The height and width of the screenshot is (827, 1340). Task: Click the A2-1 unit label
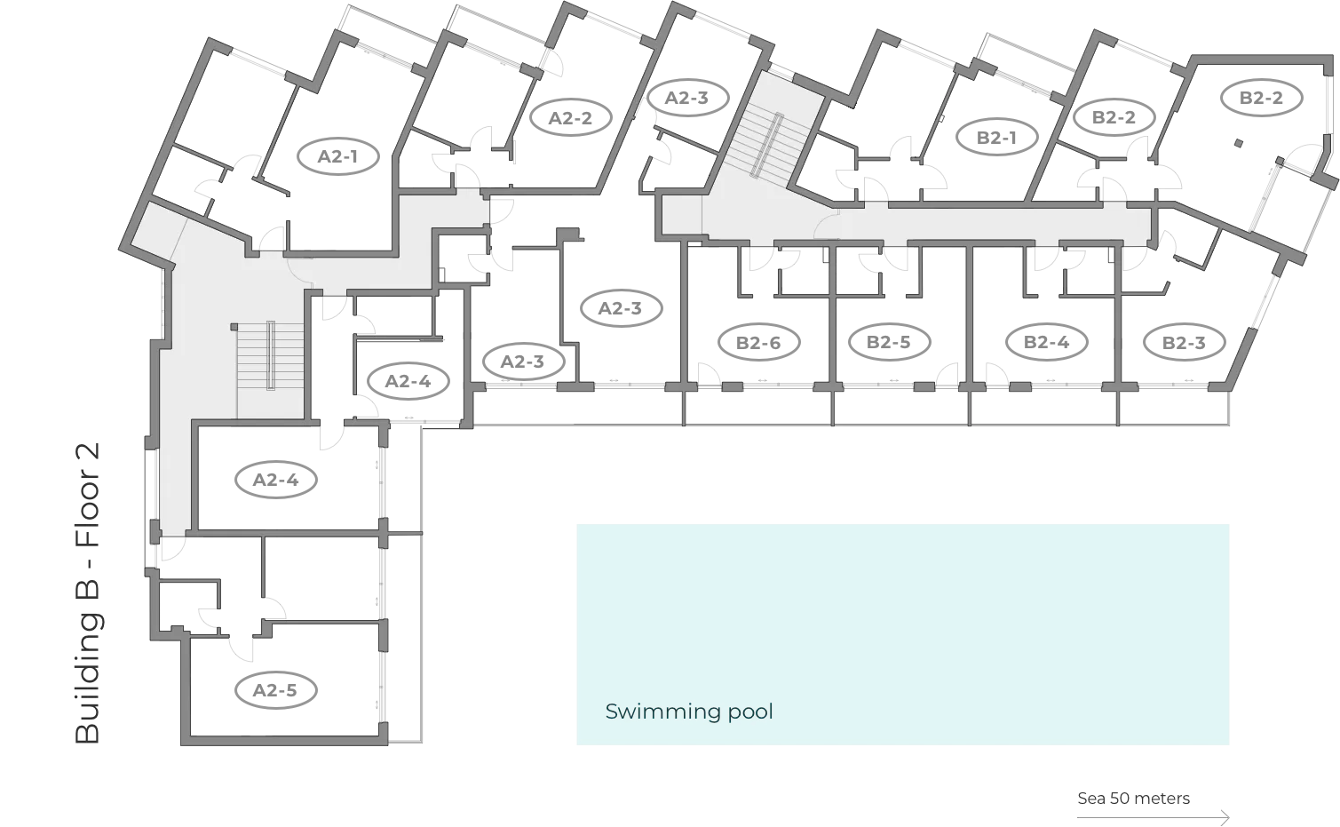coord(337,156)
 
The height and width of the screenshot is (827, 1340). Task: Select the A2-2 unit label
coord(569,117)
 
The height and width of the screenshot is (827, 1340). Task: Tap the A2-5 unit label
coord(274,690)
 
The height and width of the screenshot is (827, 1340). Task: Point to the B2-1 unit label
coord(996,137)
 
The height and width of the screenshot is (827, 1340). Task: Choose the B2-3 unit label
coord(1183,342)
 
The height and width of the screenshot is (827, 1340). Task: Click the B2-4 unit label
coord(1046,342)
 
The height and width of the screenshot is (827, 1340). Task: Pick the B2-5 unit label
coord(889,342)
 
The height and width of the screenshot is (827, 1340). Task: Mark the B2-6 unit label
coord(757,342)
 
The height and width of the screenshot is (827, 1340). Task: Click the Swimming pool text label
coord(688,712)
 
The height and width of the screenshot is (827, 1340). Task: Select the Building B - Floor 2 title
coord(88,593)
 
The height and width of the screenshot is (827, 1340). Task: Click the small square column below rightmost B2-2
coord(1237,142)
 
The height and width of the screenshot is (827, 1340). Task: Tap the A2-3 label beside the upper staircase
coord(686,98)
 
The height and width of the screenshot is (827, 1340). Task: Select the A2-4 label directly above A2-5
coord(275,480)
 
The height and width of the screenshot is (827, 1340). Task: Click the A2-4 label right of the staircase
coord(408,381)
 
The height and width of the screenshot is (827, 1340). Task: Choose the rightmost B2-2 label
coord(1261,98)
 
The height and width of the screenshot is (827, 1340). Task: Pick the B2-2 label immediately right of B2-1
coord(1113,117)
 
